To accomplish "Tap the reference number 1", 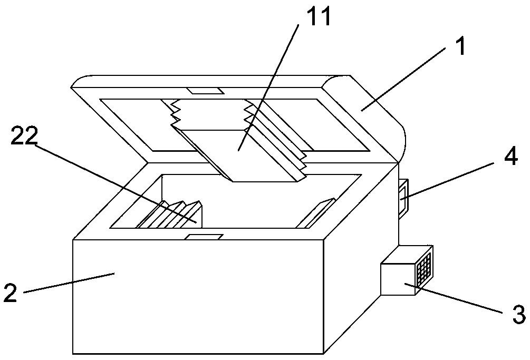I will click(x=460, y=47).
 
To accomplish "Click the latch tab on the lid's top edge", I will click(x=207, y=91).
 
